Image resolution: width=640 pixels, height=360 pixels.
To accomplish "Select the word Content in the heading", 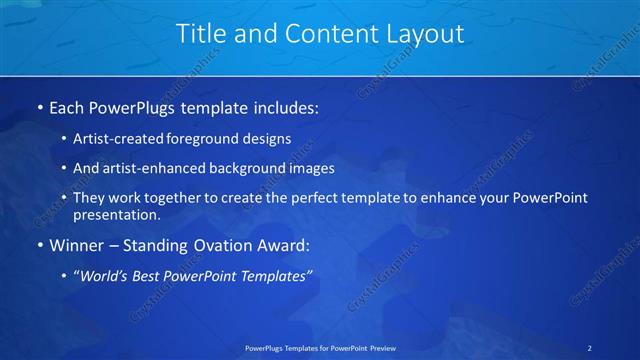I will pyautogui.click(x=321, y=34).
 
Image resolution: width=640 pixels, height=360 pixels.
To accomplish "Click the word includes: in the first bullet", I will pyautogui.click(x=284, y=105).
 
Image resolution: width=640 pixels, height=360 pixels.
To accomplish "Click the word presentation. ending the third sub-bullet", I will pyautogui.click(x=116, y=214).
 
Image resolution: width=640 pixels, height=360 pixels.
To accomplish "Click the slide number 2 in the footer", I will pyautogui.click(x=590, y=348).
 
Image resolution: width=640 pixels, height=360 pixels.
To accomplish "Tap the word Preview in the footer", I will pyautogui.click(x=380, y=348).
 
